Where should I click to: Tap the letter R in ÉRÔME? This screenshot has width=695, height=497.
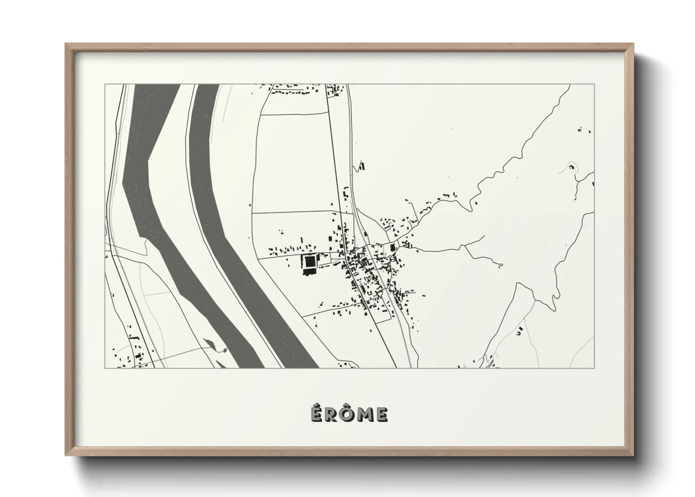(331, 414)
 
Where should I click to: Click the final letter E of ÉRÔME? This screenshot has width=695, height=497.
(382, 414)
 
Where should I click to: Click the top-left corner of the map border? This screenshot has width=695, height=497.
(105, 85)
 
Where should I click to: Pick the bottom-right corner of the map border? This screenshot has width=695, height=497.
(594, 368)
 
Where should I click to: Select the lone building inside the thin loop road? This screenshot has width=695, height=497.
(519, 332)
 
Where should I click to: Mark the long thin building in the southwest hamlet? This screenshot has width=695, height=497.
(134, 337)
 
